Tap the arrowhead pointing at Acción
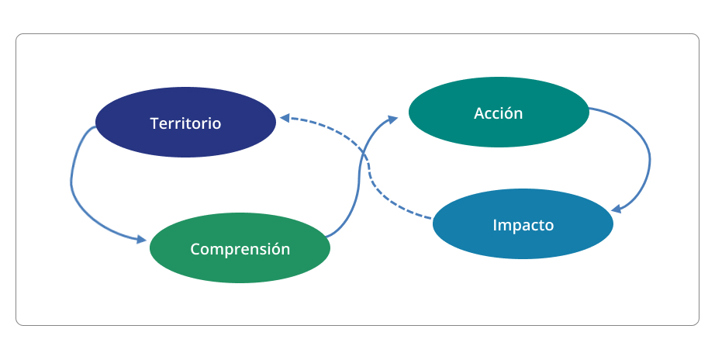pos(392,119)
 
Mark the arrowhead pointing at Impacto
pos(616,209)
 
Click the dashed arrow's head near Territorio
pos(285,118)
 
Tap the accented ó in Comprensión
pos(275,249)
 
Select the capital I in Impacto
pos(495,226)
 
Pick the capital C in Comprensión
pos(195,249)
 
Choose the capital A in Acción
pos(479,113)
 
